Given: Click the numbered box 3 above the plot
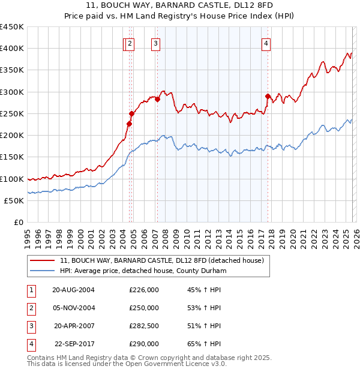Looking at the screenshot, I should (155, 43).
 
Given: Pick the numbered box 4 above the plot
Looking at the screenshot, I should (266, 43).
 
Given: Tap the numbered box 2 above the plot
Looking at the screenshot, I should (131, 43).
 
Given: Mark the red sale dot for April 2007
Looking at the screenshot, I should (157, 100).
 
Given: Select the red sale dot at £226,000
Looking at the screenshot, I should (129, 124).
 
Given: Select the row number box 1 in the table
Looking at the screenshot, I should (30, 290).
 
